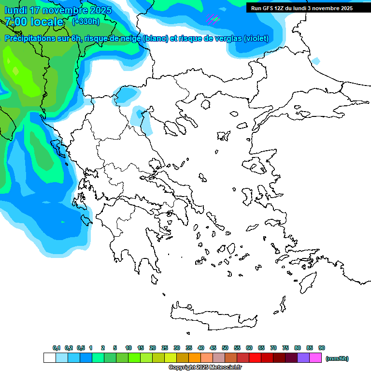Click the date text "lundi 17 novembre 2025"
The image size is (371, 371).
[x=58, y=10]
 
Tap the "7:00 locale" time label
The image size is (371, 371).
[x=34, y=22]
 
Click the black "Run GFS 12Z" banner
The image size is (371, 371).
[x=302, y=8]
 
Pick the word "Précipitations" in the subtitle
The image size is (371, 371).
[x=29, y=39]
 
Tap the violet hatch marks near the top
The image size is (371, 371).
[x=213, y=20]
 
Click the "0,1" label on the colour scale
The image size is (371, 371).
[x=56, y=348]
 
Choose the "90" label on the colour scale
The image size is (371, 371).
[x=322, y=348]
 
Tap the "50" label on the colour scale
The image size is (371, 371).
[x=225, y=348]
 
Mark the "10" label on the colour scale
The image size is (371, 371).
[x=128, y=348]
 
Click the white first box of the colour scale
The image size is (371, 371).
[x=49, y=358]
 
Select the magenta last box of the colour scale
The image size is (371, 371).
[x=315, y=358]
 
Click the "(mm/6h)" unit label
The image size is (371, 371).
[x=337, y=358]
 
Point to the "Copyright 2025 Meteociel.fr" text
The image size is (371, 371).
[x=205, y=367]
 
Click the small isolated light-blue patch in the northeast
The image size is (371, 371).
[x=315, y=61]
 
